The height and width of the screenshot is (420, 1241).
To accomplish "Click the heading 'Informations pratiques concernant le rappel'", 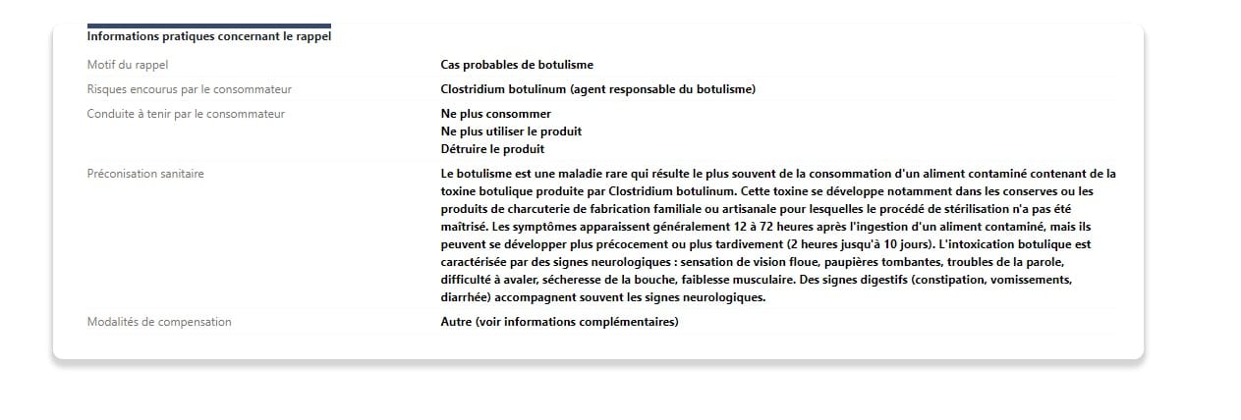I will click(209, 37).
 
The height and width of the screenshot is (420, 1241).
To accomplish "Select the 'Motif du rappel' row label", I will click(128, 65).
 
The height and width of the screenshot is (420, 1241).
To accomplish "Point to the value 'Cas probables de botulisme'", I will click(517, 65).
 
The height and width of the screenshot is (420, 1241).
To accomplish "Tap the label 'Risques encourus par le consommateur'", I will click(189, 89).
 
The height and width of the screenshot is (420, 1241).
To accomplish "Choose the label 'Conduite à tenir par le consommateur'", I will click(186, 114).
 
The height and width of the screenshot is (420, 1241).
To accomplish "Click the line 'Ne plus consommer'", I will click(496, 114).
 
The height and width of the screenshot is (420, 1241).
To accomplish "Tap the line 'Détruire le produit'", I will click(492, 149).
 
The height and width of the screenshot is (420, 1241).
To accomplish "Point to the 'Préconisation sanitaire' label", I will click(145, 174).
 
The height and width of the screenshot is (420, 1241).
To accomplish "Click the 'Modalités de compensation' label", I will click(159, 322).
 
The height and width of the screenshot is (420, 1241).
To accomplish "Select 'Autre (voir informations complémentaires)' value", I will click(559, 322).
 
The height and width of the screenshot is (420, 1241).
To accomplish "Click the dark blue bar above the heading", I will click(209, 26).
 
